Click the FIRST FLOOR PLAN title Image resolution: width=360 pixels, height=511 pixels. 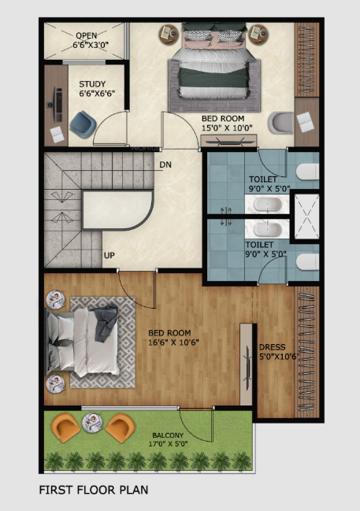pos(94,490)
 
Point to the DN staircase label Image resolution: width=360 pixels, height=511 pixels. pos(165,165)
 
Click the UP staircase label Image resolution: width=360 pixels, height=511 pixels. pos(109,256)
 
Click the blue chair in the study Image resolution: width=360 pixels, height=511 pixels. pos(81,123)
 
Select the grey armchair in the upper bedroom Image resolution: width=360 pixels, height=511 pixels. pos(279,122)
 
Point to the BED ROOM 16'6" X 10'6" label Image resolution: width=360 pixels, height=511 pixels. pos(173,337)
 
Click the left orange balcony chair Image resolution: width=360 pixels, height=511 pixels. pos(65,428)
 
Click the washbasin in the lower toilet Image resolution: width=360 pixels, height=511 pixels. pos(261,229)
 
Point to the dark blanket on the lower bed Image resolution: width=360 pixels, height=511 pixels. pos(105,323)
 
